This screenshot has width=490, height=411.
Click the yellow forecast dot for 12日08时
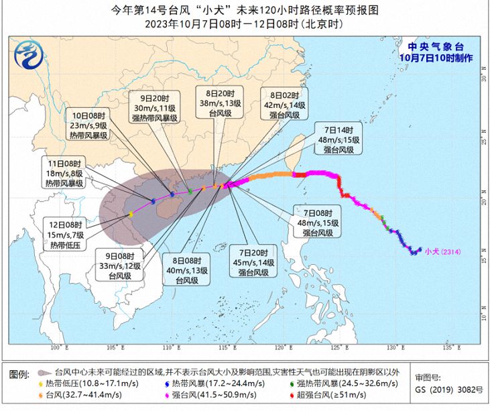click(x=131, y=215)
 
